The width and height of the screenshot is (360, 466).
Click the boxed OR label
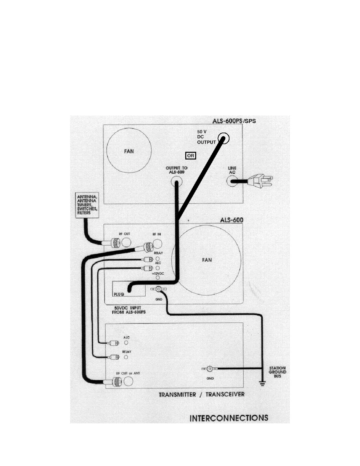191,156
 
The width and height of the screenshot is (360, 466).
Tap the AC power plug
261,181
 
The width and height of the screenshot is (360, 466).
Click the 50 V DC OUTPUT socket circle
224,138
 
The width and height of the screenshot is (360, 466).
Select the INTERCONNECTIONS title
229,418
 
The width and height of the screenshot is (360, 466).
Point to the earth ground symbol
262,383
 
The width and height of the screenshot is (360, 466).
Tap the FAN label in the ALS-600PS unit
129,151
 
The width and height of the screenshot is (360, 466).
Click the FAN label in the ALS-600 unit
207,260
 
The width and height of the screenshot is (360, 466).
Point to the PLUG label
119,294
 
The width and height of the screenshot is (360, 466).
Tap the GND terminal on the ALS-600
159,289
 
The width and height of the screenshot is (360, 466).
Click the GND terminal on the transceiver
210,369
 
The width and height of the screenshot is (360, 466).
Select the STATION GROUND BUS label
277,372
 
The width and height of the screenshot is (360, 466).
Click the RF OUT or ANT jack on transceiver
128,382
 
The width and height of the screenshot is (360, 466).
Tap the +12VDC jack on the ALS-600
158,277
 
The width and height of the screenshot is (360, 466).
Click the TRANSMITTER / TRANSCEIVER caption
201,395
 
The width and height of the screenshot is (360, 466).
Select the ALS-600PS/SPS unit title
234,121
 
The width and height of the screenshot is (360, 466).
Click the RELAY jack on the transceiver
126,357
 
